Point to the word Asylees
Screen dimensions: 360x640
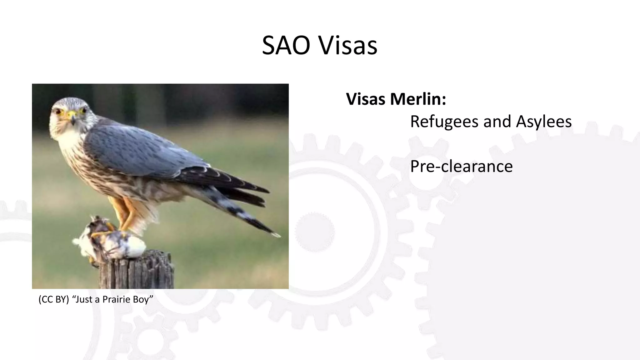[x=544, y=122]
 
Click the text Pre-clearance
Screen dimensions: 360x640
[x=461, y=166]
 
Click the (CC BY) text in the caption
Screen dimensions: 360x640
[x=53, y=299]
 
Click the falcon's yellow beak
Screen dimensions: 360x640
[x=72, y=116]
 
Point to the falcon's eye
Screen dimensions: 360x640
[x=58, y=111]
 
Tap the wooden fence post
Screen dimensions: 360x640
[x=137, y=272]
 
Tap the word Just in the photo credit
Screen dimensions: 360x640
[x=84, y=299]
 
